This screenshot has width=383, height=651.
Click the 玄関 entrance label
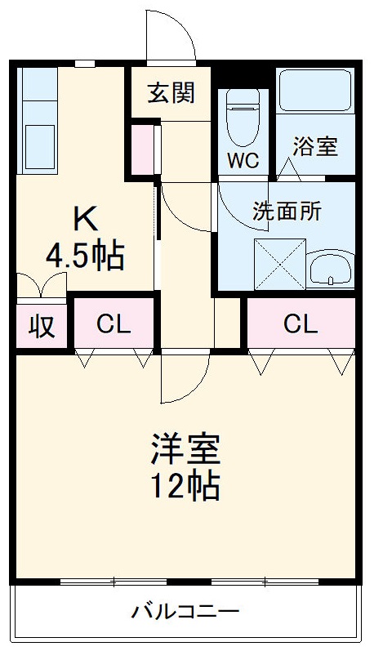[x=171, y=94]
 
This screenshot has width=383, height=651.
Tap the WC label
[x=243, y=160]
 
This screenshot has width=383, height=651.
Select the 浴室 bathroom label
[x=316, y=148]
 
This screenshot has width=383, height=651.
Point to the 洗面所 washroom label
[x=287, y=211]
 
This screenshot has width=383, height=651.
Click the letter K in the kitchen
[x=86, y=218]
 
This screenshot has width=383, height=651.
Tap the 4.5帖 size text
[x=85, y=256]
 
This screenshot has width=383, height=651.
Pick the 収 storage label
[x=42, y=326]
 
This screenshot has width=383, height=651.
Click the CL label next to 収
[x=113, y=325]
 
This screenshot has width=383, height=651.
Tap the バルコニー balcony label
[x=185, y=611]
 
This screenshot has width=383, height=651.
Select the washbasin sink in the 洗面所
[x=330, y=270]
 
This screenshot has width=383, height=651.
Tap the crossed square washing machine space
[x=278, y=264]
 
